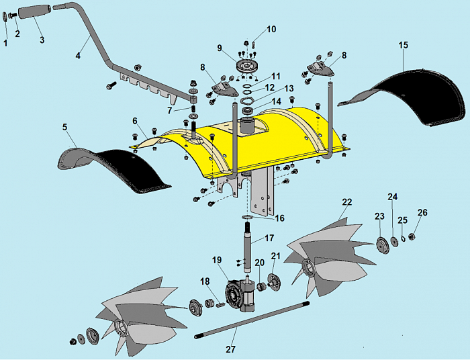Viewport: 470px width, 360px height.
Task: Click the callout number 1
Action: tap(5, 42)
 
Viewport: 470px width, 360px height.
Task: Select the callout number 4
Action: tap(79, 56)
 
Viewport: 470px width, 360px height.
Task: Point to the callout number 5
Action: tap(65, 127)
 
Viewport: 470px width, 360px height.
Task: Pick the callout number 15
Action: tap(403, 45)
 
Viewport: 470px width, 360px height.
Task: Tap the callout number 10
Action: tap(271, 30)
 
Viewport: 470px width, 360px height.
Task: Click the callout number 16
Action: tap(279, 218)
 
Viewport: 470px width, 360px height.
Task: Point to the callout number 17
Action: tap(269, 238)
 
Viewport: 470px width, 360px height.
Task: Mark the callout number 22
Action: tap(346, 201)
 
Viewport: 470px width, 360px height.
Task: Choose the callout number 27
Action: tap(231, 350)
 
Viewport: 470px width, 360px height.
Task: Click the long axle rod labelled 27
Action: tap(255, 322)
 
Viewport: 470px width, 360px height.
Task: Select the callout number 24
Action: tap(393, 197)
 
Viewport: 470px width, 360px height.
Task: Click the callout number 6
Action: tap(135, 121)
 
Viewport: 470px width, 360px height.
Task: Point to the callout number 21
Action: tap(275, 256)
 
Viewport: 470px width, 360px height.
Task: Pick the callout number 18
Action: tap(204, 281)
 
